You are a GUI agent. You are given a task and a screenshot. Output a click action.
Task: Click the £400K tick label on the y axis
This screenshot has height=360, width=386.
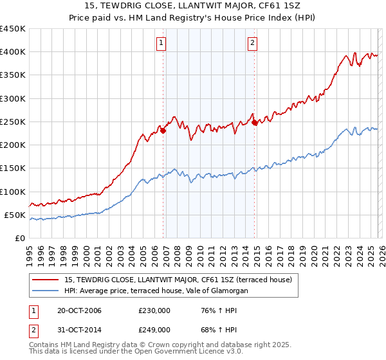(13, 52)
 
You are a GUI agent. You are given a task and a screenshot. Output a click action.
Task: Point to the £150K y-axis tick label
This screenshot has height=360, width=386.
(13, 168)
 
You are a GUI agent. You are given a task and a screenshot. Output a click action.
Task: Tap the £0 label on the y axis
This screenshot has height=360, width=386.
(19, 238)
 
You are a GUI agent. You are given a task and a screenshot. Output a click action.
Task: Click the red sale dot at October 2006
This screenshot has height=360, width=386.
(163, 130)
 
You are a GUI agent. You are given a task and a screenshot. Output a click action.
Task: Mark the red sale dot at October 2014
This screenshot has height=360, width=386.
(255, 122)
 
